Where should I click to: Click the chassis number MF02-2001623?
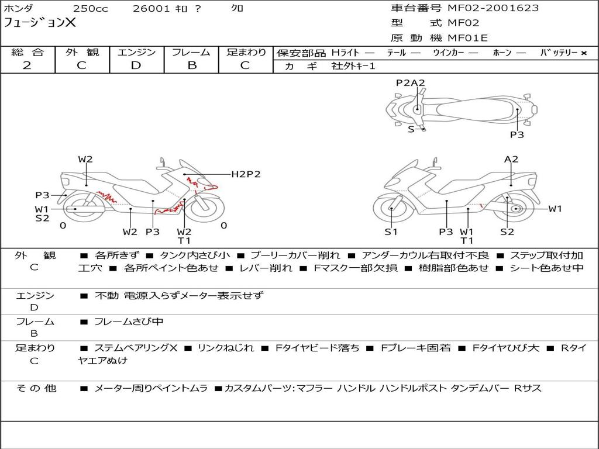tap(493, 8)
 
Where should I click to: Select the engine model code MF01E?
tap(467, 38)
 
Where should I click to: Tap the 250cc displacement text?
tap(91, 8)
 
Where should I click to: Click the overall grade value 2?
tap(27, 65)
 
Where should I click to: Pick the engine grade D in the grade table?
tap(136, 65)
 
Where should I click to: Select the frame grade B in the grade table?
tap(192, 65)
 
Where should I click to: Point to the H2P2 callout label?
tap(246, 174)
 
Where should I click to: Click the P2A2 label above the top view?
tap(410, 83)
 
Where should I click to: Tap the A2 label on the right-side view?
tap(511, 159)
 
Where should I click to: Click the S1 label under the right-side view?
tap(391, 232)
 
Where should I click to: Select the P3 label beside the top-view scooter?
tap(517, 135)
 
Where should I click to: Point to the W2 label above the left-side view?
tap(85, 159)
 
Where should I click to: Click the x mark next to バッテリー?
tap(584, 53)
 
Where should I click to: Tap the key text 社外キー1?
tap(353, 66)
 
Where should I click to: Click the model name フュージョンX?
tap(40, 23)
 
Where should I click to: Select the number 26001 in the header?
tap(151, 8)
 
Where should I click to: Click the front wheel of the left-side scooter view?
tap(206, 209)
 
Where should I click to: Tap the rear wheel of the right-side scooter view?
tap(516, 209)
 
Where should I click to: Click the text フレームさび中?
tap(129, 322)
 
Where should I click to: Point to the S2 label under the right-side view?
tap(507, 232)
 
